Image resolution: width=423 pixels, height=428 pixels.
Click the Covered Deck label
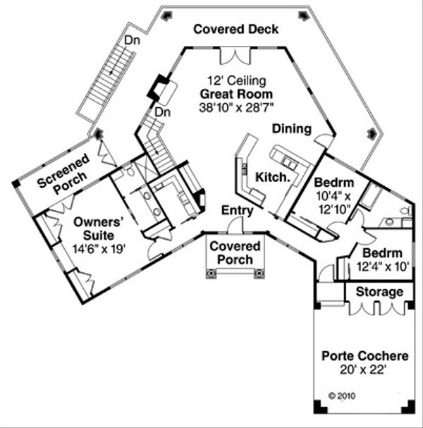[x=236, y=30]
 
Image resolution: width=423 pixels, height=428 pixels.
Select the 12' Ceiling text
[x=235, y=80]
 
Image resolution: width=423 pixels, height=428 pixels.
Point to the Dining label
[x=292, y=129]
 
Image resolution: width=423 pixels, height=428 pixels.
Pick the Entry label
[x=237, y=210]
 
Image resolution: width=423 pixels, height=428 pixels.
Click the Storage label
[x=379, y=291]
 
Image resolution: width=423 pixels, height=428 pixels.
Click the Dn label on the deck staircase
[x=131, y=41]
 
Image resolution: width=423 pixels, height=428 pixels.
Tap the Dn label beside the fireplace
[x=163, y=112]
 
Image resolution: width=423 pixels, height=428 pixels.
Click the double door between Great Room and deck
[x=235, y=56]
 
